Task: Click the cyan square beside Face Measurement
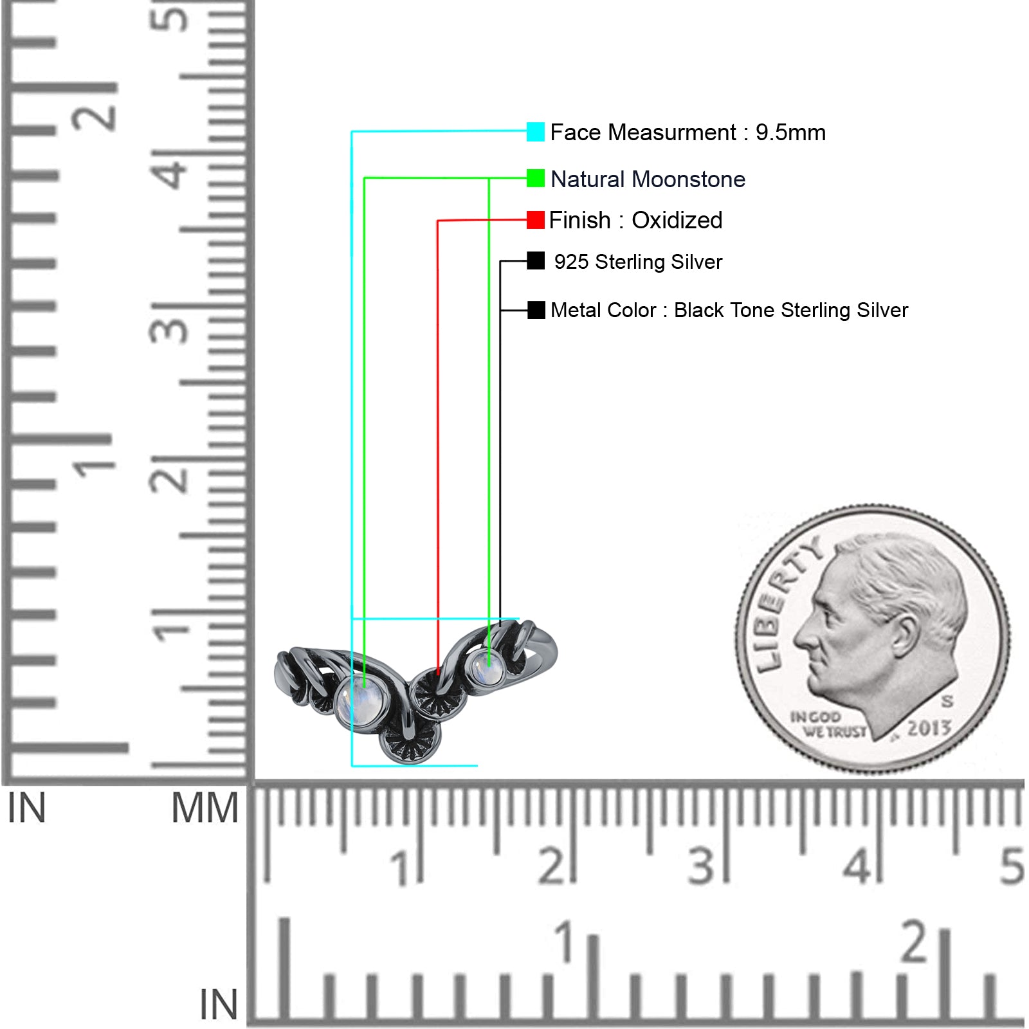coord(535,132)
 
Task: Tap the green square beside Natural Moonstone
coord(535,178)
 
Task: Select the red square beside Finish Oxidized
coord(535,220)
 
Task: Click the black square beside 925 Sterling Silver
coord(535,260)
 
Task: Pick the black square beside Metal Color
coord(536,310)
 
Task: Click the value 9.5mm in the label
coord(790,132)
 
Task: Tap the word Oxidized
coord(677,221)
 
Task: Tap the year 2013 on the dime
coord(929,727)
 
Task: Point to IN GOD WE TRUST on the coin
coord(828,724)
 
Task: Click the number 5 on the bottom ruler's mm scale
coord(1011,866)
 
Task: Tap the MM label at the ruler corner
coord(205,808)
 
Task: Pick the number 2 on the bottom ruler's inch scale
coord(915,942)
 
